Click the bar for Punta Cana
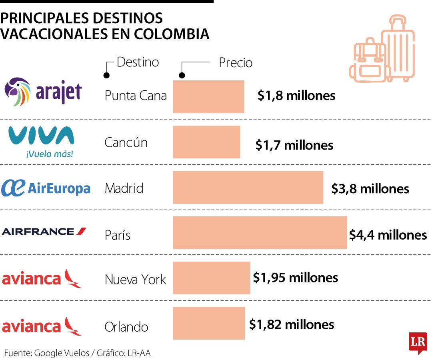(208, 96)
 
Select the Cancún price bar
(206, 142)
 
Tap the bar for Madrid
(248, 187)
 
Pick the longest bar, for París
(260, 232)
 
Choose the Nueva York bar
(211, 278)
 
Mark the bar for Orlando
(208, 323)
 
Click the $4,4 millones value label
(388, 235)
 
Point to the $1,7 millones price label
(294, 145)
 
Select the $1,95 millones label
(295, 277)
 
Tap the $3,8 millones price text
(370, 188)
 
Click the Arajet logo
(43, 92)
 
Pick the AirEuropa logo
(46, 188)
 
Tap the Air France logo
(44, 231)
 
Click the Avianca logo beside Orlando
(42, 326)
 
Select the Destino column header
(138, 62)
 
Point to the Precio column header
(235, 63)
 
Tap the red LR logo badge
(418, 342)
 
